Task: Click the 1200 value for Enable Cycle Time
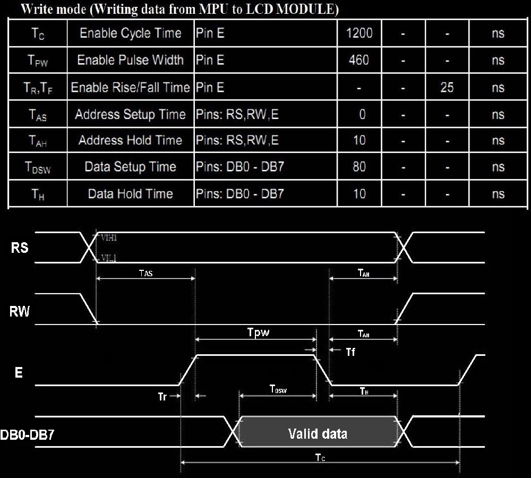359,33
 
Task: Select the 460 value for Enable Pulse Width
359,60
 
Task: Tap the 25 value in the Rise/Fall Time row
447,87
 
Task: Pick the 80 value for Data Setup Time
359,167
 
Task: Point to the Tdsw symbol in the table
38,168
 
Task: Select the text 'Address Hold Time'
130,141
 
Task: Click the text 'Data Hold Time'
130,194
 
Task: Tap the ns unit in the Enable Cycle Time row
498,33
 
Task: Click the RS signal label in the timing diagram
20,247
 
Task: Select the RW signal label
20,311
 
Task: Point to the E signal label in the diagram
19,373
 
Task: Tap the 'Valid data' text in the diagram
318,433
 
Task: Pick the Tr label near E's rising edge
163,396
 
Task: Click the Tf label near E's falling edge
350,352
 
